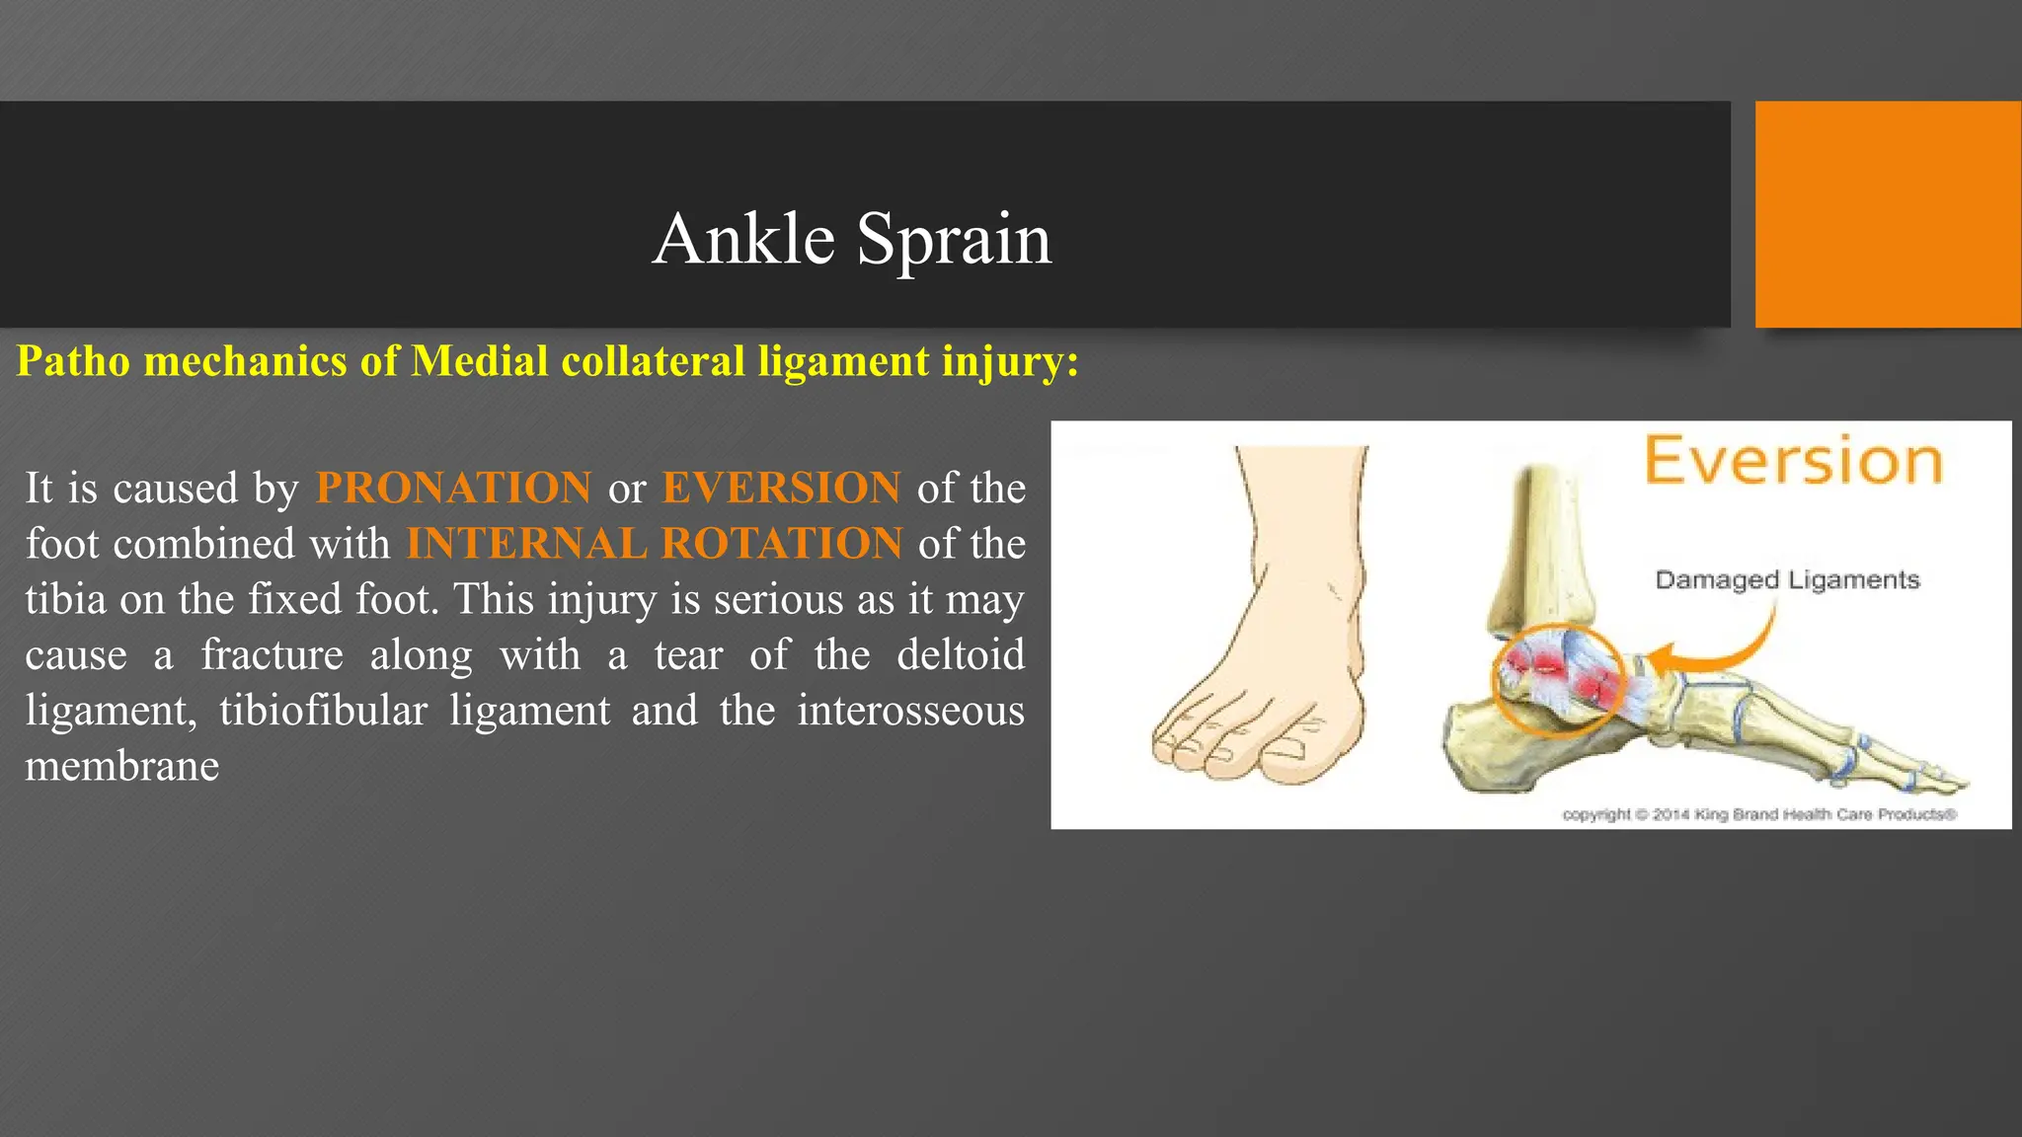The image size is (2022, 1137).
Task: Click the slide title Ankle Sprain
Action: (852, 239)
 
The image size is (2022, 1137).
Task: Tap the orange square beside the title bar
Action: (1887, 214)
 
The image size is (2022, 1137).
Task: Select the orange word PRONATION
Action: (453, 488)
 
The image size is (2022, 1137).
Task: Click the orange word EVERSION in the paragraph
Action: (781, 488)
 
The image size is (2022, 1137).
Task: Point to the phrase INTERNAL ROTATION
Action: (654, 544)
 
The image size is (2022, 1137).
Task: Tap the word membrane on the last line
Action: (121, 766)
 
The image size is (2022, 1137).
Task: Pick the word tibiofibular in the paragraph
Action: (323, 711)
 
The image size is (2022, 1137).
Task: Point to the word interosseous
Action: (910, 711)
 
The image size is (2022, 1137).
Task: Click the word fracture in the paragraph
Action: (272, 654)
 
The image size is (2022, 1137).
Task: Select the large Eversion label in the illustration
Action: (1793, 461)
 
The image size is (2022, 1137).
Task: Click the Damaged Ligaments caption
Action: (1787, 580)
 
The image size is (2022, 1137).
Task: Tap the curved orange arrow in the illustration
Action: (1723, 651)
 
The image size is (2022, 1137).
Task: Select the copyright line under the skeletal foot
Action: (1758, 814)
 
